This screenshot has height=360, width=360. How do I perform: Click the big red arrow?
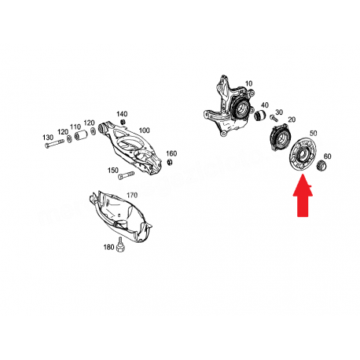click(303, 197)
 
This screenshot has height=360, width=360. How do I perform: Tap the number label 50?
click(313, 133)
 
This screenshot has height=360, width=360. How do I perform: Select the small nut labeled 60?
click(321, 166)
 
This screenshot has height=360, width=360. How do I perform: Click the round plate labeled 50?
click(303, 156)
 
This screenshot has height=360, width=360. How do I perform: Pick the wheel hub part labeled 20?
click(281, 138)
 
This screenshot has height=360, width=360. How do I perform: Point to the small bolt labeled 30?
click(274, 118)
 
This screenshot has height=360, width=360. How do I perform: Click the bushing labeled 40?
click(260, 116)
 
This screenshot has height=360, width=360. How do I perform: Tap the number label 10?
click(248, 83)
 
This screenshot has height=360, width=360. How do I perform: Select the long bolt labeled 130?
click(54, 144)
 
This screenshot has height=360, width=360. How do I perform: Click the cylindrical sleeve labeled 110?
click(81, 134)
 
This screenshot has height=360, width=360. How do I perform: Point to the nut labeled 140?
click(122, 122)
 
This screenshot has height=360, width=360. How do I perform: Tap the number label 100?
click(144, 130)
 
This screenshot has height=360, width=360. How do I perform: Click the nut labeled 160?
click(170, 163)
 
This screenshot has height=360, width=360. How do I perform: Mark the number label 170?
click(132, 195)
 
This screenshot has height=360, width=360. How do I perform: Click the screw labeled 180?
click(120, 245)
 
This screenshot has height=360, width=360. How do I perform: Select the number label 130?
click(48, 138)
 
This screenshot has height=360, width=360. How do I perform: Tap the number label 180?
click(108, 247)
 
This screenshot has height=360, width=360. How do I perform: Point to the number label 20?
click(292, 119)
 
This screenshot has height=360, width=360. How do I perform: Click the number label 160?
click(171, 153)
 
